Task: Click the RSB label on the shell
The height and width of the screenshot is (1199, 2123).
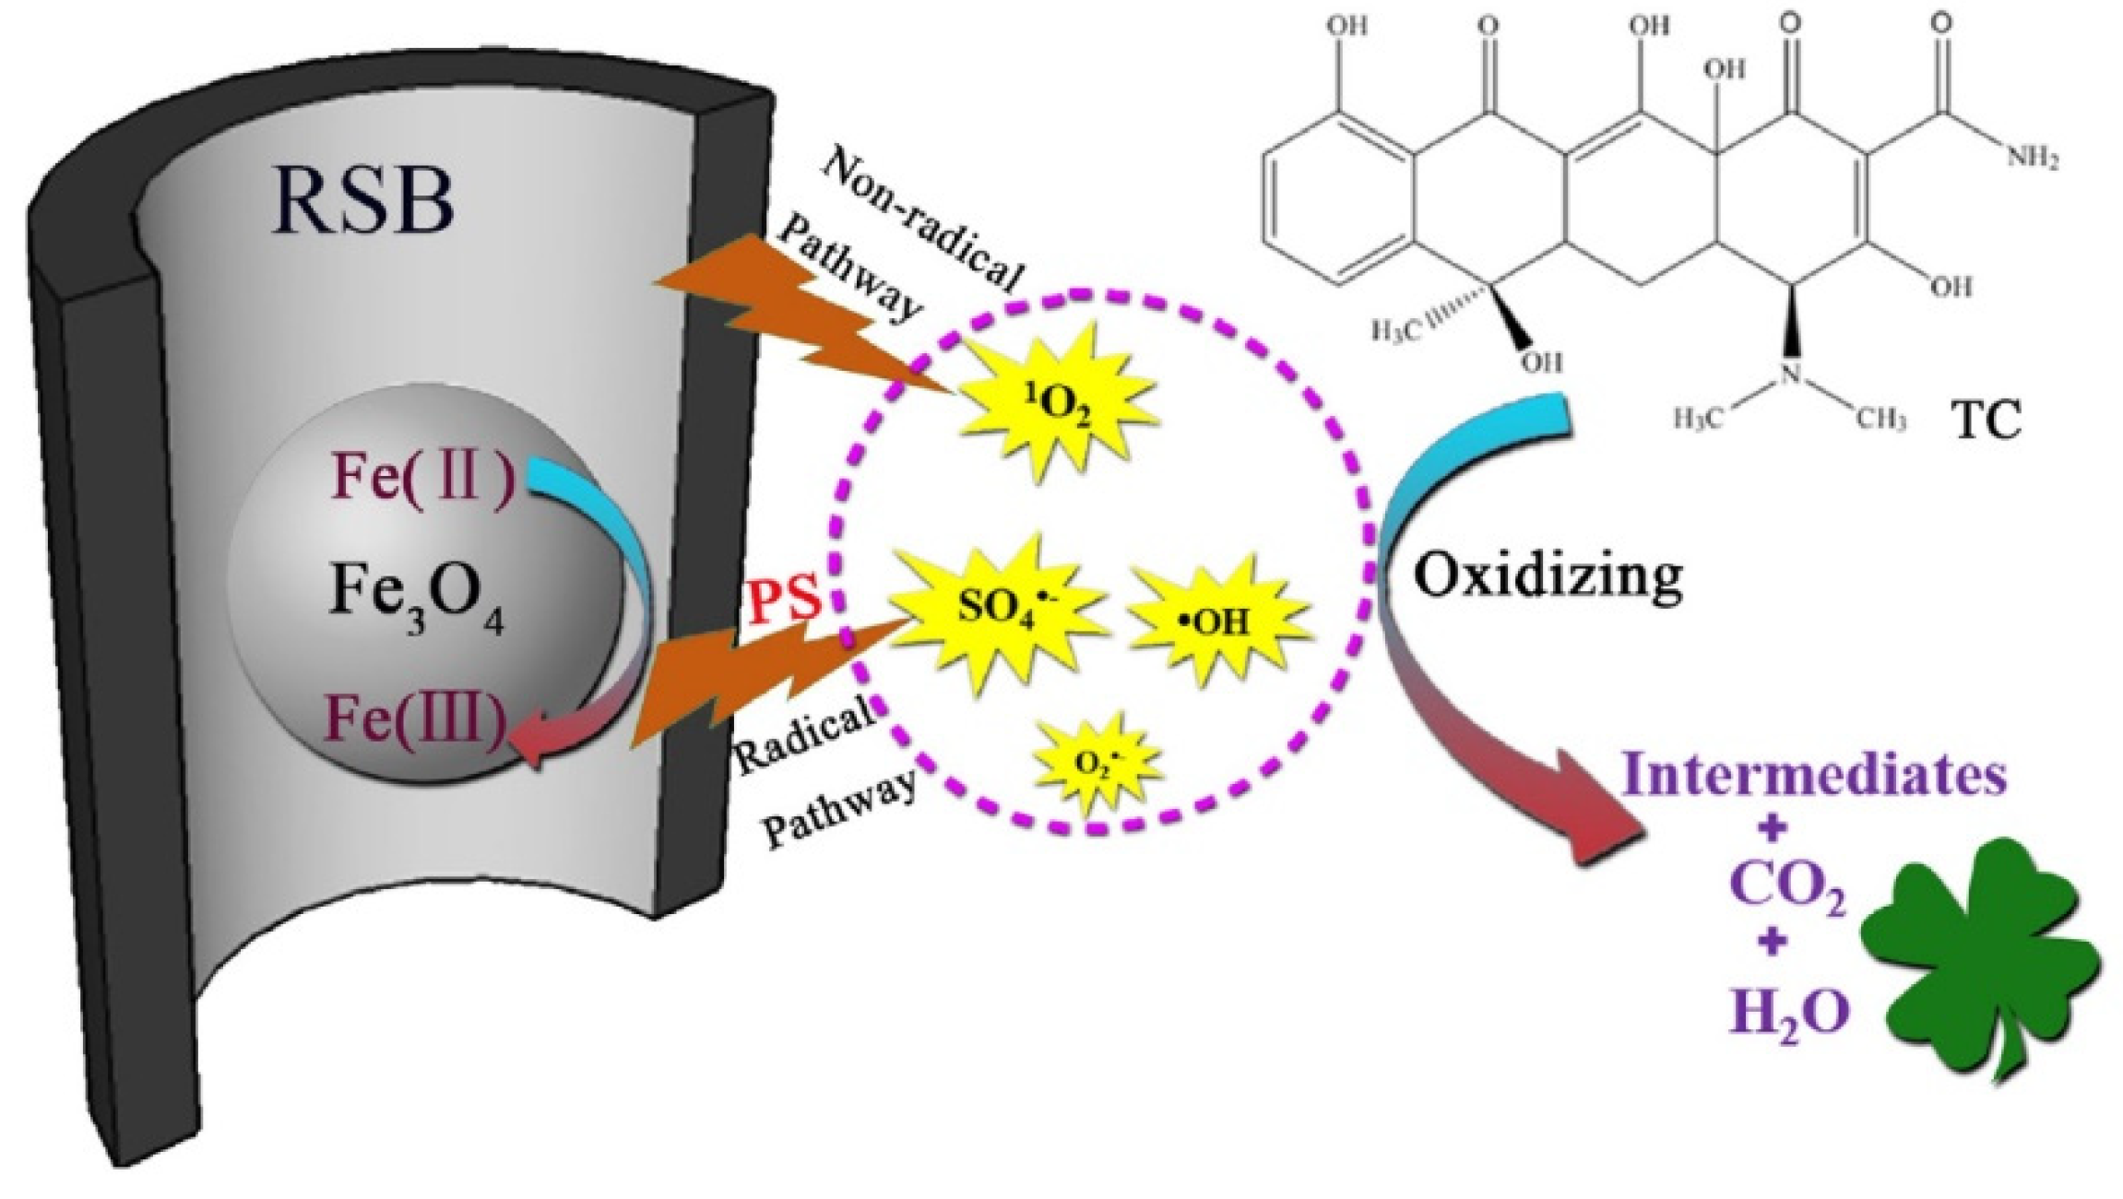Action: coord(362,202)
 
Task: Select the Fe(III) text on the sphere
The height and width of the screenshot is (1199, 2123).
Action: coord(416,718)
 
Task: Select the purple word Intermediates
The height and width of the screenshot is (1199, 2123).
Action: coord(1813,775)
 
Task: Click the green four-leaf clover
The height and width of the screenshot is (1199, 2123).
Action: coord(1983,959)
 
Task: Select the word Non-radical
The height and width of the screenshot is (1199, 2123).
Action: coord(922,217)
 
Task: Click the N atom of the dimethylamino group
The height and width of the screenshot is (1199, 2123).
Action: coord(1790,373)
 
